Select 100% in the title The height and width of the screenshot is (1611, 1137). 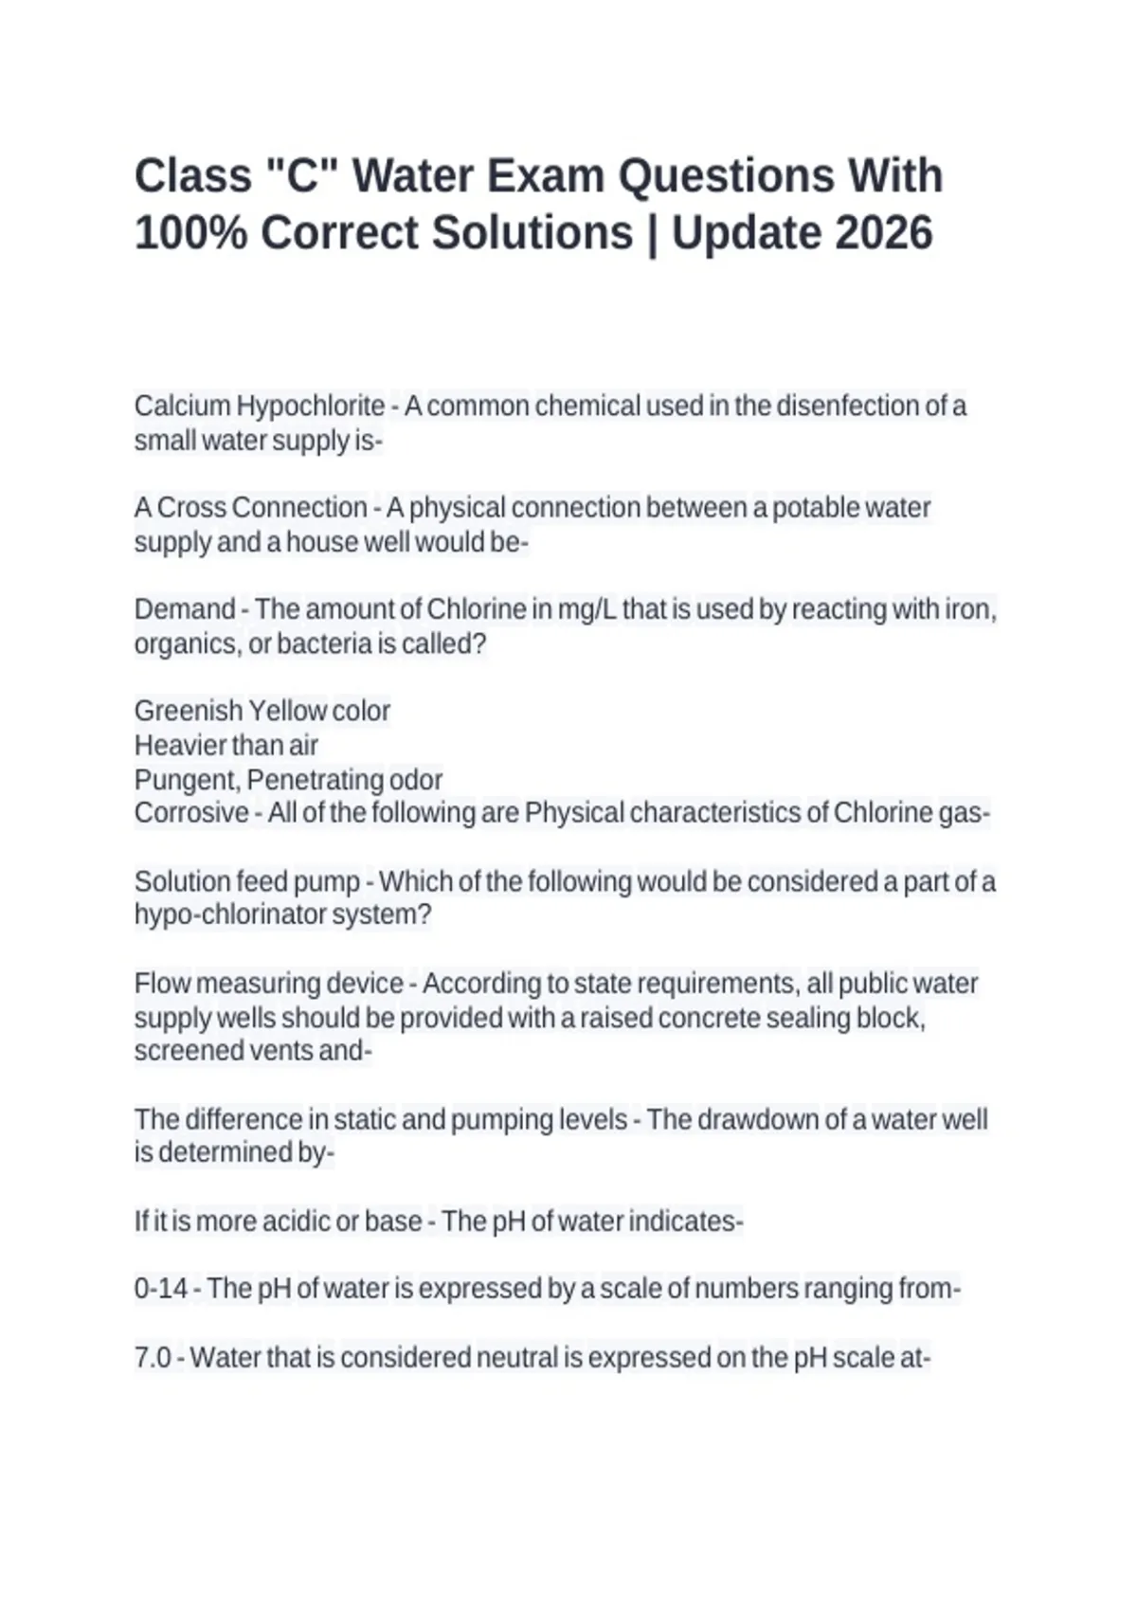click(x=190, y=232)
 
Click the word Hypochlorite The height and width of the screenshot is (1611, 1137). click(x=310, y=406)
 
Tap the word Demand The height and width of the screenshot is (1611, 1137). click(x=185, y=608)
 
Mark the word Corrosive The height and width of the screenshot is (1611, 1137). click(x=191, y=813)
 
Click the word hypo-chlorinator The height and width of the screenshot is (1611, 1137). click(x=229, y=915)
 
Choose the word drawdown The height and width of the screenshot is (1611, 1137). click(x=758, y=1119)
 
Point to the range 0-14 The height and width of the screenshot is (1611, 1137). click(x=160, y=1289)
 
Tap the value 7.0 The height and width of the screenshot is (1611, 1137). click(x=153, y=1358)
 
